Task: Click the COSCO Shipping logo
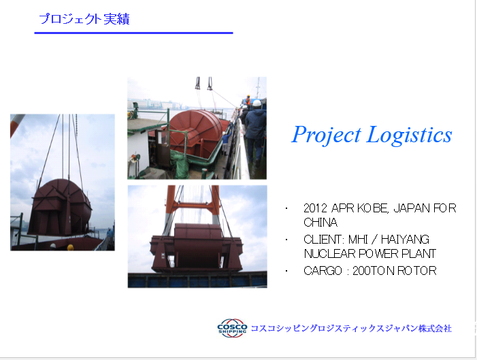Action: click(x=232, y=328)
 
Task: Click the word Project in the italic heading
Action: click(x=326, y=135)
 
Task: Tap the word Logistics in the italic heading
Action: click(x=409, y=135)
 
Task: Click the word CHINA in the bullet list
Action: click(x=320, y=223)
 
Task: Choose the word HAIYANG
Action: click(x=405, y=240)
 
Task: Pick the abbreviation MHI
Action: click(x=359, y=240)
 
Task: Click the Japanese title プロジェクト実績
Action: click(x=84, y=19)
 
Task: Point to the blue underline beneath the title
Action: click(x=133, y=33)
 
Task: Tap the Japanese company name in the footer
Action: click(x=351, y=329)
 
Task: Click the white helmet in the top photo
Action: click(x=257, y=103)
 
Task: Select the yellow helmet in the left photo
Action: click(x=70, y=247)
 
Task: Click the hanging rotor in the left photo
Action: click(x=60, y=208)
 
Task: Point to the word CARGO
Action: click(x=323, y=271)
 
